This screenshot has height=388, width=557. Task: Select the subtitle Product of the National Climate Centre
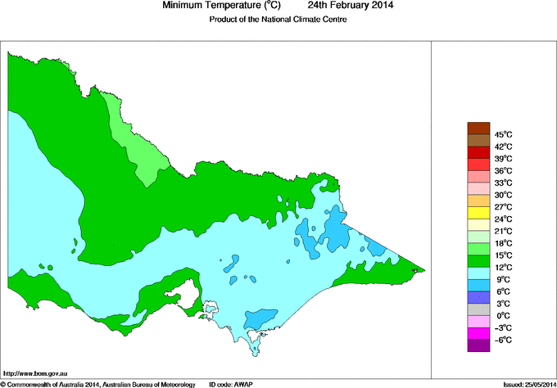pos(278,20)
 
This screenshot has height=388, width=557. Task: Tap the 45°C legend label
pos(502,134)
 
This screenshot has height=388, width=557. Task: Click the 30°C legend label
pos(502,195)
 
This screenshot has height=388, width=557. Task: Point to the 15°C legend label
pos(502,255)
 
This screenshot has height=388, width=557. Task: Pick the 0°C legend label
pos(502,316)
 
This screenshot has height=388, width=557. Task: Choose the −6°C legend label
pos(502,340)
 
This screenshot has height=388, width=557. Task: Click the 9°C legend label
pos(502,279)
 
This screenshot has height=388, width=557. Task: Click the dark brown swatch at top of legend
pos(478,128)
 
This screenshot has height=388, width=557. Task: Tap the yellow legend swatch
pos(478,212)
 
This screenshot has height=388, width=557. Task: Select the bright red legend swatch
pos(478,151)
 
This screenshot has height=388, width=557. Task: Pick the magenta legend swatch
pos(478,333)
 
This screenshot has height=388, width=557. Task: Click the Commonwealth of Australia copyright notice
pos(98,383)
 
